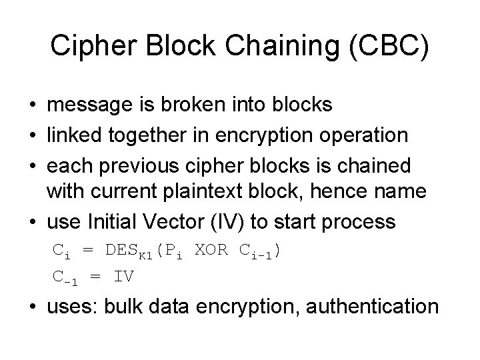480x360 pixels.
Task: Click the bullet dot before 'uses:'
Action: point(33,307)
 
